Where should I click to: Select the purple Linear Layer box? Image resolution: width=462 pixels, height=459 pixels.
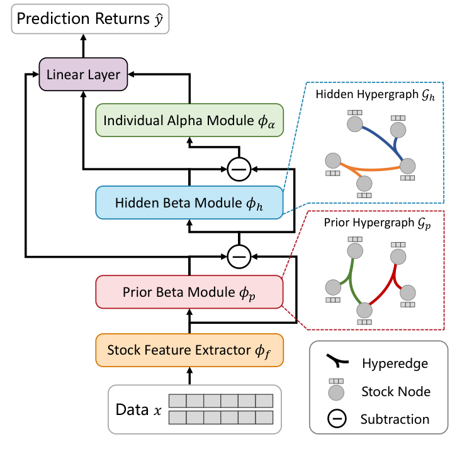coord(84,74)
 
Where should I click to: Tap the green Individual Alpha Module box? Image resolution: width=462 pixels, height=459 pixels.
coord(189,119)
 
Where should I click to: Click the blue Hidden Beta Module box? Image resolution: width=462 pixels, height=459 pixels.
coord(189,202)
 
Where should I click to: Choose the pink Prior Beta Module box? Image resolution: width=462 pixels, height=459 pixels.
coord(189,292)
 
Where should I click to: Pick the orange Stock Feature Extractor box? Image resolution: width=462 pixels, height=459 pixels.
coord(189,350)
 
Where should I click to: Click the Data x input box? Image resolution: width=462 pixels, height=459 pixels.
coord(194,409)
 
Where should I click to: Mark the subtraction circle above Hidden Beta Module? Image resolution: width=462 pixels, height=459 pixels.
coord(238,169)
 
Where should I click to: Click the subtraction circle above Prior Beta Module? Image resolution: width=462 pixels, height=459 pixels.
coord(238,256)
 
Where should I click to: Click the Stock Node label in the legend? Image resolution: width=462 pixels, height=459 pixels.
coord(396,391)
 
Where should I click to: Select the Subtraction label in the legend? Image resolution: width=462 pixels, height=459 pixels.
coord(395,419)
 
